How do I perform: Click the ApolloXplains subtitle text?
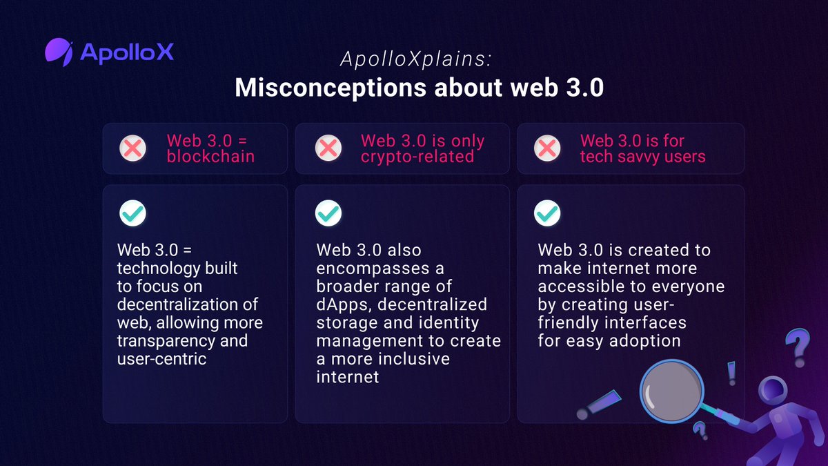coord(415,60)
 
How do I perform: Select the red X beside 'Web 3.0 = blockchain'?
coord(132,148)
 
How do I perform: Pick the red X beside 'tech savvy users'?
coord(547,148)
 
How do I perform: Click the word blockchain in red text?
coord(210,157)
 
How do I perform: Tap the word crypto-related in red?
coord(417,157)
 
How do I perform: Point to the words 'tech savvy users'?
coord(642,157)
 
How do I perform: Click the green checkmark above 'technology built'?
coord(132,213)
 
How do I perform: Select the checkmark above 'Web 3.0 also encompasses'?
coord(328,213)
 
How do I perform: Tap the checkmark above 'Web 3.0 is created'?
coord(547,213)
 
